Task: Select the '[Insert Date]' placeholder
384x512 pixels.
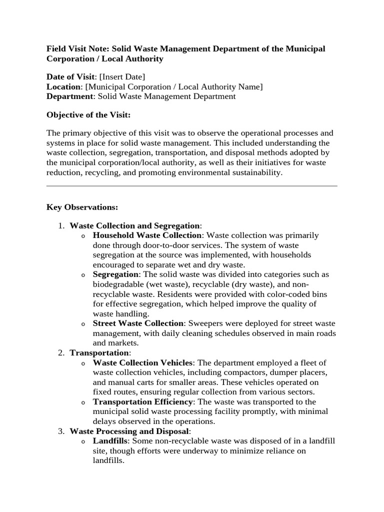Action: point(122,76)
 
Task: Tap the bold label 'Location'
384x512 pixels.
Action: point(63,86)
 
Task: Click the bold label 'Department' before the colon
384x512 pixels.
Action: point(69,96)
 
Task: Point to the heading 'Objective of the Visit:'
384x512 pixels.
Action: point(88,114)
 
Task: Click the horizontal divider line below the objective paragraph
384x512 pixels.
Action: point(192,186)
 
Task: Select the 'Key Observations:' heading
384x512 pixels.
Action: point(82,206)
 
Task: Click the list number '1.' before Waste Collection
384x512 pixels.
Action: point(61,225)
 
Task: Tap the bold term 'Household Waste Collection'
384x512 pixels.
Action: point(147,235)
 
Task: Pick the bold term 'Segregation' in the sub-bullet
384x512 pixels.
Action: point(115,274)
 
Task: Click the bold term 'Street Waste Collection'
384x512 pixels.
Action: point(138,323)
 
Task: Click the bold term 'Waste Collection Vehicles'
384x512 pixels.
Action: point(142,362)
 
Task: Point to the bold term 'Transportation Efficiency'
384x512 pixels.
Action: point(142,402)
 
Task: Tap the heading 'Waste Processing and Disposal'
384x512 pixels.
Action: point(129,431)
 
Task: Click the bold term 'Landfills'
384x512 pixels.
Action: point(109,441)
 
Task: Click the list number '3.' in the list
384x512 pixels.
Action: point(61,431)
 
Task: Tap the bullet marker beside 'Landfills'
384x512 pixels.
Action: point(83,441)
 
